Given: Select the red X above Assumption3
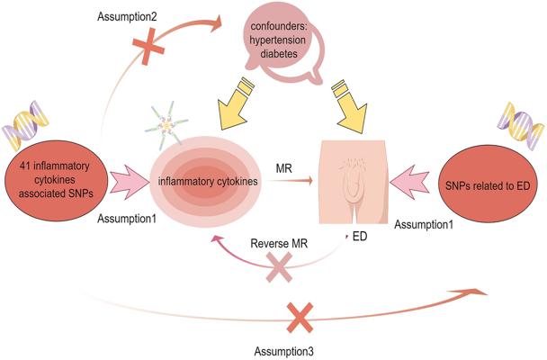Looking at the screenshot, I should (300, 317).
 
